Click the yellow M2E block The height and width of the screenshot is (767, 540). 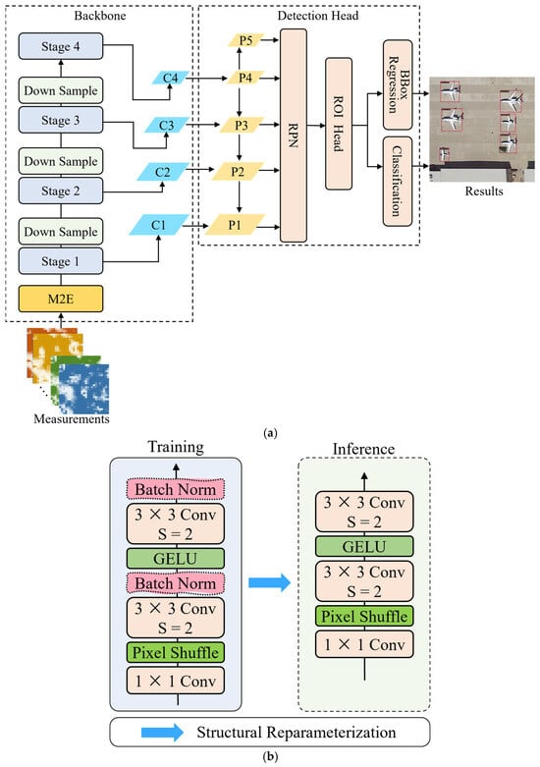coord(61,299)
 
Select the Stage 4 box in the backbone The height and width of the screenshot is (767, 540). coord(61,46)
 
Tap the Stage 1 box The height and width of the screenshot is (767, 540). coord(61,261)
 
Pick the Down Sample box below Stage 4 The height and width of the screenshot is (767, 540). coord(61,90)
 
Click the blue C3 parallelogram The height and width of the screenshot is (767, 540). coord(167,126)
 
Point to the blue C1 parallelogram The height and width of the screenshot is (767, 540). coord(159,225)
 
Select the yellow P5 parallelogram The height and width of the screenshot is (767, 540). coord(245,40)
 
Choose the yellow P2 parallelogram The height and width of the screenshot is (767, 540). coord(238,172)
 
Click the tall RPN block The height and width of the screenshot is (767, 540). coord(294,136)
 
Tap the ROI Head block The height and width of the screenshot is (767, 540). coord(339,124)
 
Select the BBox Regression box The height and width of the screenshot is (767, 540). coord(398,84)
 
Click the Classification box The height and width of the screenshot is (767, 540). coord(398,182)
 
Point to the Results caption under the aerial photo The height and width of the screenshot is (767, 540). coord(484,191)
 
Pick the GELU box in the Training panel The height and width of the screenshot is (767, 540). coord(176,558)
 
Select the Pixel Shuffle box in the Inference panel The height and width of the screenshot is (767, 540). coord(364,616)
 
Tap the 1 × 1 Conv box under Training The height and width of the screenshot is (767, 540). coord(176,681)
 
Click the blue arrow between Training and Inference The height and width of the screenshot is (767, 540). coord(270,582)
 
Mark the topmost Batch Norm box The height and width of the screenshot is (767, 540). coord(176,489)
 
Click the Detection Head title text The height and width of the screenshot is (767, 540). coord(318,16)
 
